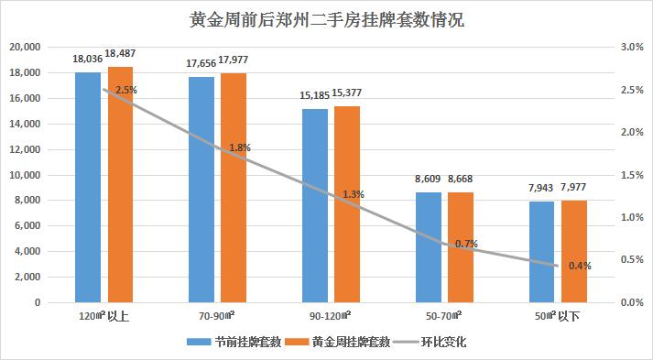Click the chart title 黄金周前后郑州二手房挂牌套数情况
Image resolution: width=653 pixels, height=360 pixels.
(327, 19)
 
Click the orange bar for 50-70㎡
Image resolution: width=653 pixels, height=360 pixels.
(461, 246)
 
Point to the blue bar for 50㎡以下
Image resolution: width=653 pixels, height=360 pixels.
(541, 251)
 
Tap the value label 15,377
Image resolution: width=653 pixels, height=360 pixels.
(347, 95)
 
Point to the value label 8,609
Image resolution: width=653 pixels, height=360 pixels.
(428, 180)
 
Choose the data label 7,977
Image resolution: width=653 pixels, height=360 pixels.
(574, 190)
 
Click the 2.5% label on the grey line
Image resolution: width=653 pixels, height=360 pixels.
(126, 90)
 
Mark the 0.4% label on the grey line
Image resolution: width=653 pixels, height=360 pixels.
(580, 266)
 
